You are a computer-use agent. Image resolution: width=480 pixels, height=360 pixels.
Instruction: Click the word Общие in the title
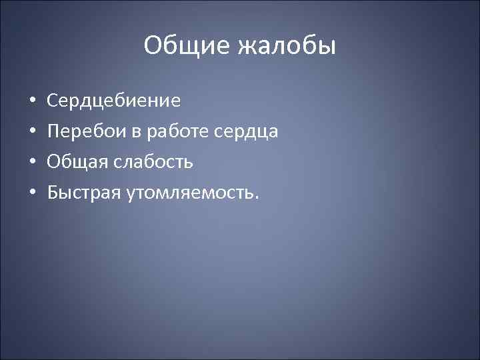click(x=184, y=46)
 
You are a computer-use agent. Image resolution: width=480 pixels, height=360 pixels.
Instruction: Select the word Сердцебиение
click(x=114, y=101)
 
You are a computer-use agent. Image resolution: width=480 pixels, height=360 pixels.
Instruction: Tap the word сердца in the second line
click(x=247, y=132)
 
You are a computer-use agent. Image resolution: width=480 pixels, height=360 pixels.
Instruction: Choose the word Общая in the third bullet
click(x=76, y=162)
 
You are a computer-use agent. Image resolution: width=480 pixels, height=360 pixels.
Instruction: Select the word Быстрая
click(x=85, y=193)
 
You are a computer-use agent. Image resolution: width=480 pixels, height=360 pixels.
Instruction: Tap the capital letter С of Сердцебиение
click(x=53, y=101)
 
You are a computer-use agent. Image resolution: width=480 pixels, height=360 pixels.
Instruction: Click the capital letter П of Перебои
click(x=53, y=132)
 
